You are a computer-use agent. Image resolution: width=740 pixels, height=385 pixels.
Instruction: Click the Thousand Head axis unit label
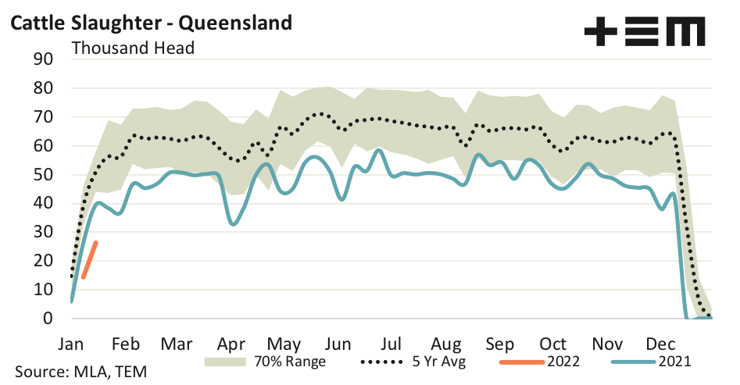(133, 47)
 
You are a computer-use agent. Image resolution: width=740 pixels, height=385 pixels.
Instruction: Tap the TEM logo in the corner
(644, 32)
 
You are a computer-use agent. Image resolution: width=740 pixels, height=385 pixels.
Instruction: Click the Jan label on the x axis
(71, 344)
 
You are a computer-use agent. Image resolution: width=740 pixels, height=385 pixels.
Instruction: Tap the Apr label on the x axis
(232, 344)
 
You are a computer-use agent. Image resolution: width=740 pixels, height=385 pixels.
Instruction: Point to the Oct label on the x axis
(553, 344)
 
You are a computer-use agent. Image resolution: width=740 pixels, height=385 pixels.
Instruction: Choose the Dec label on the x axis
(661, 344)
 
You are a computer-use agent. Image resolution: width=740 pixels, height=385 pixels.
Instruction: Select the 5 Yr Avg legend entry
(413, 362)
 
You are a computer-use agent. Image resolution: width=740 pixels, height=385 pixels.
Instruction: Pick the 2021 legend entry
(649, 362)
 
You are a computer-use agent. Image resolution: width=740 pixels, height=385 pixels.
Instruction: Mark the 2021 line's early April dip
(233, 224)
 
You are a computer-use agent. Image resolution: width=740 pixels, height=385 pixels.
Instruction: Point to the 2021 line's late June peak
(378, 150)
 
